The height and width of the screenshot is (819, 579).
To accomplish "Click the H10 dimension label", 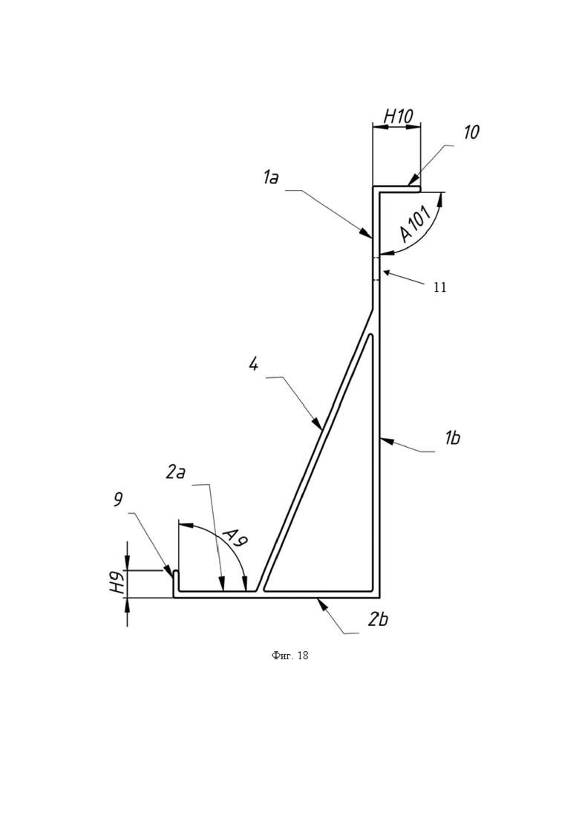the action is tap(399, 117).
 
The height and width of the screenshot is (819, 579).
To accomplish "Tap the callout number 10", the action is tap(471, 132).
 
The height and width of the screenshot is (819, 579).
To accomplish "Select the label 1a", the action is tap(270, 178).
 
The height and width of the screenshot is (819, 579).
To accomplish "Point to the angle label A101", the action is tap(416, 224).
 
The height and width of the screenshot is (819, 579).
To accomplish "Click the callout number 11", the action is tap(440, 287).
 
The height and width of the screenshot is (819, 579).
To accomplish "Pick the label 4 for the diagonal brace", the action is tap(254, 364).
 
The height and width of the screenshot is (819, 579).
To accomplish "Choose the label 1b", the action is tap(452, 437).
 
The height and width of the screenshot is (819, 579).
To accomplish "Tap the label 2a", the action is tap(176, 472).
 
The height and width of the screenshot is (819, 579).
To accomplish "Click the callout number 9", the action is tap(118, 500).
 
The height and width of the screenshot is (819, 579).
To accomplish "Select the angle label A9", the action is tap(235, 538).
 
